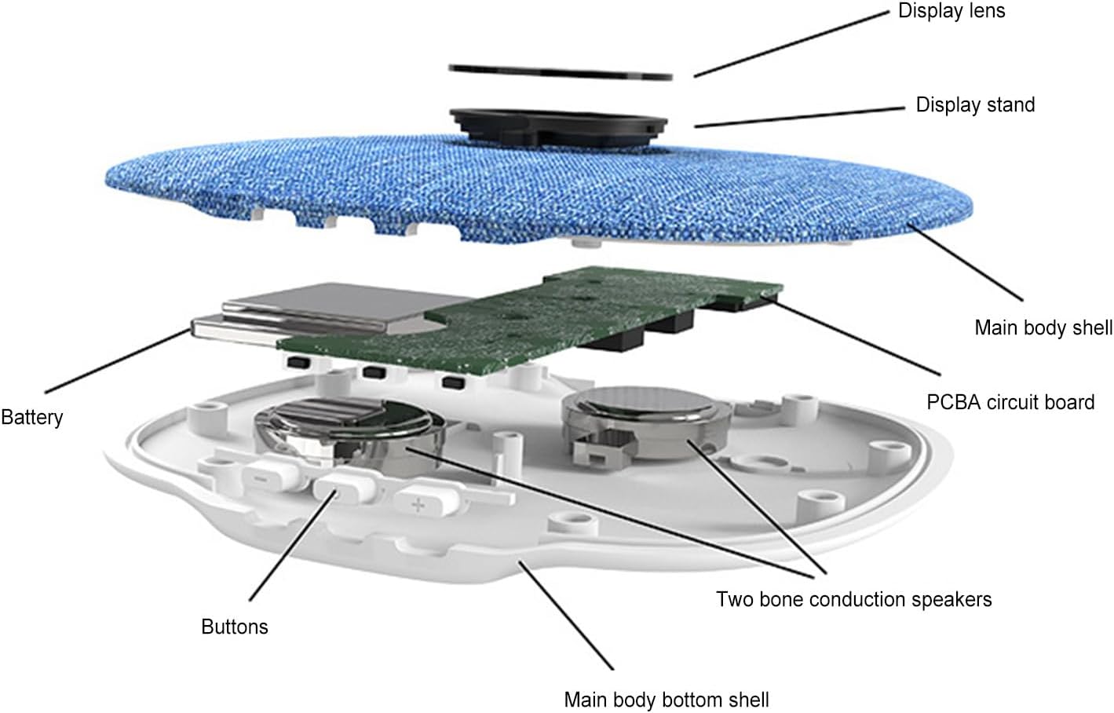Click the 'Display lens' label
click(x=951, y=10)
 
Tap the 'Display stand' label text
click(x=975, y=104)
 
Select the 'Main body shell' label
click(x=1043, y=328)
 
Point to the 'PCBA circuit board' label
click(x=1010, y=402)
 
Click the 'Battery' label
click(x=32, y=417)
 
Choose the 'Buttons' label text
click(x=234, y=627)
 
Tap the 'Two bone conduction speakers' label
click(x=854, y=599)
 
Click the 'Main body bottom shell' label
click(x=667, y=700)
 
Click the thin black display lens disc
click(x=561, y=72)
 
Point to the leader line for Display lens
click(x=792, y=44)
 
